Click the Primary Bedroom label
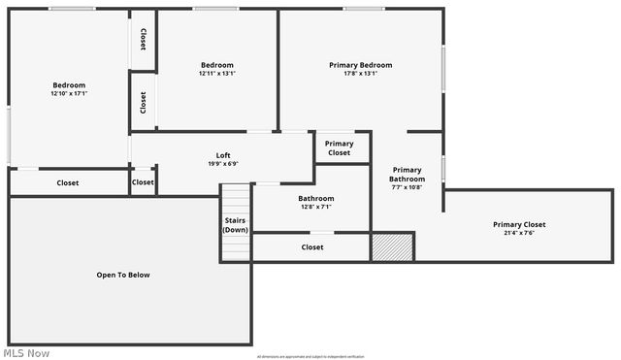pyautogui.click(x=360, y=65)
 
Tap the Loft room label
pyautogui.click(x=223, y=155)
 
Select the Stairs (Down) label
pyautogui.click(x=236, y=225)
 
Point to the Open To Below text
pyautogui.click(x=123, y=275)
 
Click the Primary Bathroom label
pyautogui.click(x=408, y=175)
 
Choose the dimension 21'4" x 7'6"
pyautogui.click(x=519, y=233)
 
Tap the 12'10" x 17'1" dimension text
pyautogui.click(x=69, y=94)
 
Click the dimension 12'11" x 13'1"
pyautogui.click(x=217, y=73)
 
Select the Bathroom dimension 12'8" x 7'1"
pyautogui.click(x=316, y=207)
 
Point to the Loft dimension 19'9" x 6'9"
pyautogui.click(x=223, y=164)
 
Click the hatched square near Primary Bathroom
pyautogui.click(x=392, y=246)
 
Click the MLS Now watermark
pyautogui.click(x=27, y=352)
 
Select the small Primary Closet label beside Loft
pyautogui.click(x=340, y=147)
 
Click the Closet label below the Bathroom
pyautogui.click(x=312, y=247)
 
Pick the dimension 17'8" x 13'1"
pyautogui.click(x=360, y=73)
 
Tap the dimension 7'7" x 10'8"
pyautogui.click(x=408, y=186)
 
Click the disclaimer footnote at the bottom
pyautogui.click(x=310, y=356)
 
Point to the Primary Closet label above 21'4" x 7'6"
pyautogui.click(x=519, y=224)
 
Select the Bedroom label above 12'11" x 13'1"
pyautogui.click(x=217, y=65)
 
